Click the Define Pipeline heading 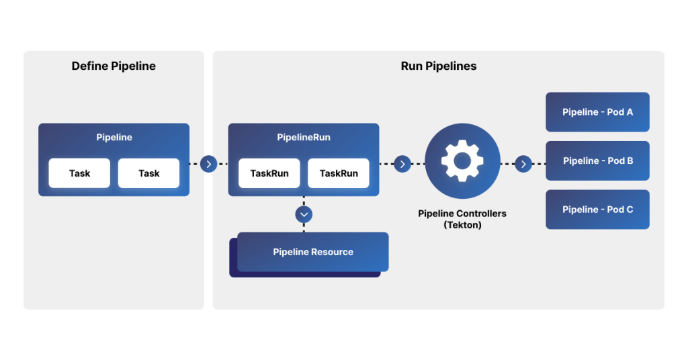tap(114, 66)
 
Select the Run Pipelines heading tap(438, 66)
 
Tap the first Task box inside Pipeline tap(79, 173)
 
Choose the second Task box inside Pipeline tap(148, 173)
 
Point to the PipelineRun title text tap(304, 137)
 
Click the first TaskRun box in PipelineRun tap(269, 173)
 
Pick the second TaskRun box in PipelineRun tap(339, 173)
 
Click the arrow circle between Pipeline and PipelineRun tap(209, 163)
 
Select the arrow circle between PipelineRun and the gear tap(402, 163)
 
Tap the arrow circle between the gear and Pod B tap(523, 163)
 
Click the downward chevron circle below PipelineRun tap(304, 214)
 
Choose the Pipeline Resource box tap(313, 252)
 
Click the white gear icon tap(462, 161)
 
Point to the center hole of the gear tap(462, 161)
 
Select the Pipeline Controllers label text tap(462, 214)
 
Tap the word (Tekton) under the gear tap(462, 225)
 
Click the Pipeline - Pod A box tap(597, 112)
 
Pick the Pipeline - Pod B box tap(597, 161)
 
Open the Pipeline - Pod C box tap(597, 210)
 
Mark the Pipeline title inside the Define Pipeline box tap(114, 137)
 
